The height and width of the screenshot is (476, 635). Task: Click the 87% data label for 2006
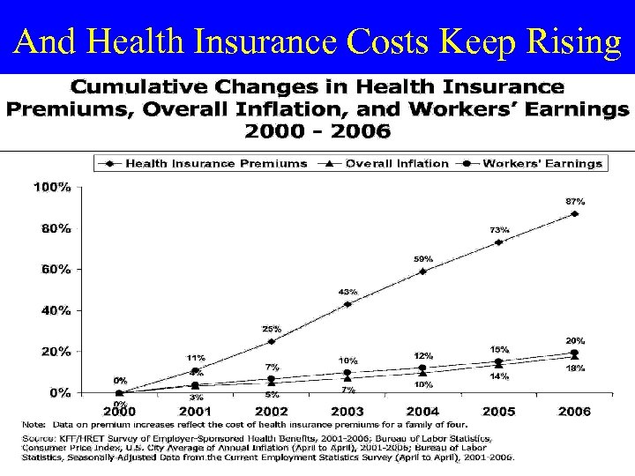pyautogui.click(x=575, y=201)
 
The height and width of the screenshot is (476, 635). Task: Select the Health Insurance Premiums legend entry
pyautogui.click(x=215, y=163)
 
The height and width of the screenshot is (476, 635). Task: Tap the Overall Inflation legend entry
pyautogui.click(x=398, y=163)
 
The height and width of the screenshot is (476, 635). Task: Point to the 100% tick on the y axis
pyautogui.click(x=53, y=187)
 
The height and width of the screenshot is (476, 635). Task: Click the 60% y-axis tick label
pyautogui.click(x=53, y=269)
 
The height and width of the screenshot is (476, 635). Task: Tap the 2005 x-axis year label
pyautogui.click(x=498, y=411)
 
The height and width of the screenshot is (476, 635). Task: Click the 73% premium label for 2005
pyautogui.click(x=499, y=229)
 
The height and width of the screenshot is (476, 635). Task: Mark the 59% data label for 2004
pyautogui.click(x=423, y=258)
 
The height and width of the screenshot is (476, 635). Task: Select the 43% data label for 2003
pyautogui.click(x=347, y=292)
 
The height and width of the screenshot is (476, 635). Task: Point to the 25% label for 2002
pyautogui.click(x=272, y=329)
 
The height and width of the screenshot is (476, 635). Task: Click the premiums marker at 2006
pyautogui.click(x=574, y=213)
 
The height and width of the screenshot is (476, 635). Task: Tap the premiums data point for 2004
pyautogui.click(x=422, y=271)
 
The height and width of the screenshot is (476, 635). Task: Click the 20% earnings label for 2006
pyautogui.click(x=575, y=340)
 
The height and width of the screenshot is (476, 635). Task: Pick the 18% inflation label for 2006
pyautogui.click(x=575, y=368)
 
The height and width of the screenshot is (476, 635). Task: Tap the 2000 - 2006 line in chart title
pyautogui.click(x=317, y=131)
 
